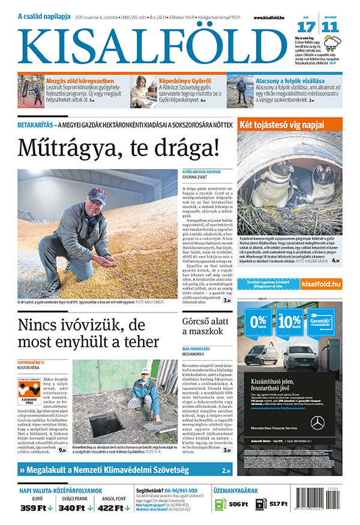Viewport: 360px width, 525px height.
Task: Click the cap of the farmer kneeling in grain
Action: point(96,195)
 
